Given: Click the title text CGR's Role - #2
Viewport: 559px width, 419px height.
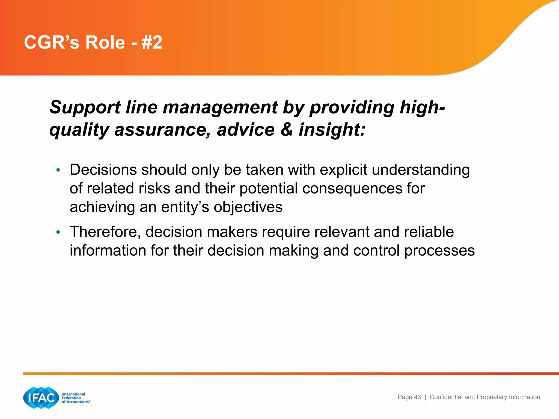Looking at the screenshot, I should click(x=93, y=43).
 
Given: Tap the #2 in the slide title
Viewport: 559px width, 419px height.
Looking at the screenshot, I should click(x=152, y=43).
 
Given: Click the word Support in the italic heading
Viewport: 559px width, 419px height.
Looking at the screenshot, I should click(x=85, y=107).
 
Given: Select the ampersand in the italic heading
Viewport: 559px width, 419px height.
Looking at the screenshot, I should click(x=286, y=129).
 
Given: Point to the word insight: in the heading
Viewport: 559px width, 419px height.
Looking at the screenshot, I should click(x=332, y=129).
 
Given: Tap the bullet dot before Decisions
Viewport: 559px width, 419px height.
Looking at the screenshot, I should click(x=58, y=170).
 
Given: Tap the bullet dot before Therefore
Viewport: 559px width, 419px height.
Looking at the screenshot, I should click(x=58, y=232).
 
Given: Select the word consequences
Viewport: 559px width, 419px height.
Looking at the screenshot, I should click(x=352, y=188).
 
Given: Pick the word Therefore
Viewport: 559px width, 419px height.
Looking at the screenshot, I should click(x=105, y=232).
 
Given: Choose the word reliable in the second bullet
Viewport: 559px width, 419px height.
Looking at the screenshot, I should click(x=429, y=232).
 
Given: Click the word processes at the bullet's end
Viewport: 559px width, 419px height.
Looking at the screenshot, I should click(x=439, y=251).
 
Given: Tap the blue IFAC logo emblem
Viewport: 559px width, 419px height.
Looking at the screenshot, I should click(x=41, y=398).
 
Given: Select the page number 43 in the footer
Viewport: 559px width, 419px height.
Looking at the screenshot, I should click(x=417, y=397).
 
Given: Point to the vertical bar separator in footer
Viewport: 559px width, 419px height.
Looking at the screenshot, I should click(x=425, y=397).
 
